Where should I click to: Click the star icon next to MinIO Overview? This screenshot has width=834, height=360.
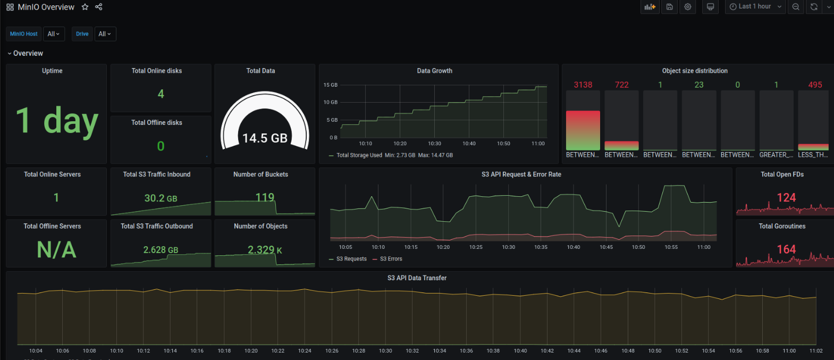[x=85, y=7]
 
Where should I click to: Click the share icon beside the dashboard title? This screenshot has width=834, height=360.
[x=99, y=7]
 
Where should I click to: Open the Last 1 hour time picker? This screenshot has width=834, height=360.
[x=755, y=7]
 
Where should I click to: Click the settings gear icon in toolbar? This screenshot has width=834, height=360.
[x=688, y=7]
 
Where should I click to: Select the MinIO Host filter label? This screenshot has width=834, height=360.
[x=24, y=34]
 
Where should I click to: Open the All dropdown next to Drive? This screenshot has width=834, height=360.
[x=105, y=34]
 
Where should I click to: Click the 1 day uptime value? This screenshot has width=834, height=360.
[x=57, y=121]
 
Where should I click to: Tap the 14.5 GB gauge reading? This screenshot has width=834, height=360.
[x=265, y=138]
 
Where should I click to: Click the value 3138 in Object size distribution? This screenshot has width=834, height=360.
[x=583, y=85]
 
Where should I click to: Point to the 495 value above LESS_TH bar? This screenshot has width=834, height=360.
[x=815, y=85]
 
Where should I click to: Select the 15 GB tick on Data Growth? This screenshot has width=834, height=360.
[x=330, y=85]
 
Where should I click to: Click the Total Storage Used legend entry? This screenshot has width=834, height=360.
[x=359, y=155]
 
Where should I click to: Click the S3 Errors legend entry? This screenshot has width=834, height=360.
[x=391, y=259]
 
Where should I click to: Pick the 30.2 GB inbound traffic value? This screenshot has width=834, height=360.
[x=161, y=198]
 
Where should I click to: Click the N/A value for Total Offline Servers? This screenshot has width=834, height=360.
[x=56, y=249]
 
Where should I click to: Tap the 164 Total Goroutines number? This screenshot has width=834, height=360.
[x=786, y=249]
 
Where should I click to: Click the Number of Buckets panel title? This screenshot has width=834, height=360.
[x=260, y=174]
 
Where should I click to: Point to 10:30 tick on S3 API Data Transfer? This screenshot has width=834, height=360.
[x=385, y=351]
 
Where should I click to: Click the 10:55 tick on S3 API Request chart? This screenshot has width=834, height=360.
[x=671, y=247]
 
